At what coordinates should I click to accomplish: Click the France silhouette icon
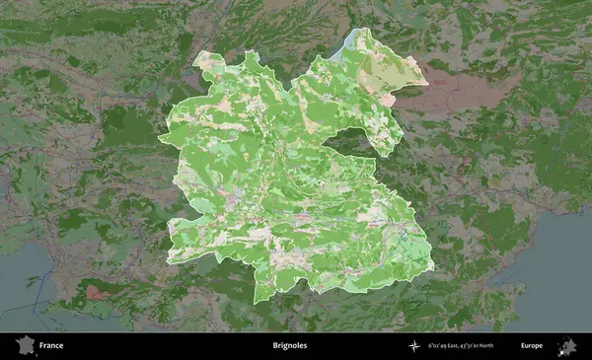(x=24, y=346)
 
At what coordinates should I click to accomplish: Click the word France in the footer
(x=52, y=346)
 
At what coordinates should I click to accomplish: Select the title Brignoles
(x=289, y=346)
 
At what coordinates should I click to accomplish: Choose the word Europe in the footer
(x=532, y=346)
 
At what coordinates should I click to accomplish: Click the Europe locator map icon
(x=567, y=346)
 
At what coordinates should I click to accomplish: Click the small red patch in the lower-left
(x=96, y=291)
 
